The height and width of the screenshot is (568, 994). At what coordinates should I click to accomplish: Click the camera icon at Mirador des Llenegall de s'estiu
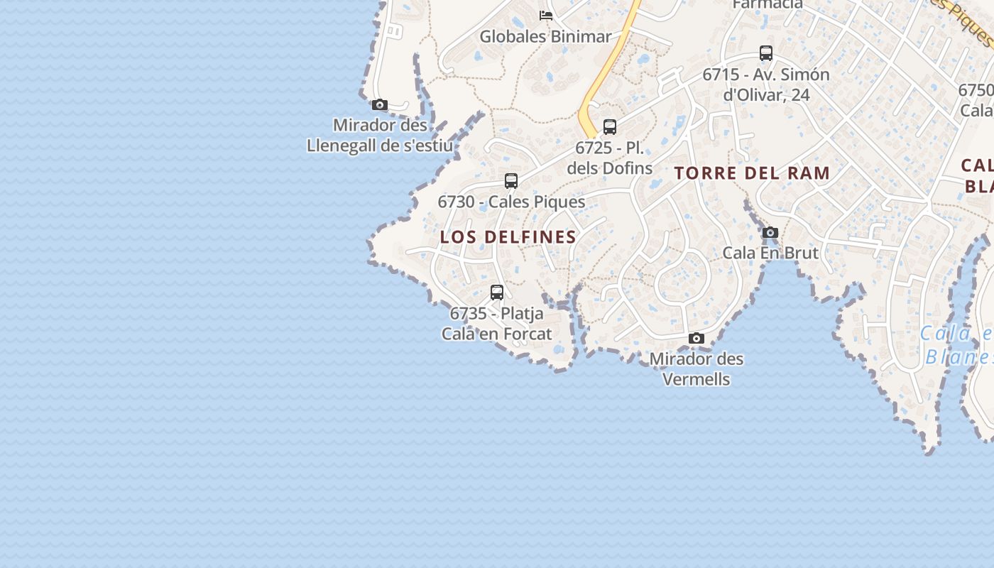click(x=380, y=105)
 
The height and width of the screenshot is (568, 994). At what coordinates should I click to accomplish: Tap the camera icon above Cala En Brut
click(x=770, y=232)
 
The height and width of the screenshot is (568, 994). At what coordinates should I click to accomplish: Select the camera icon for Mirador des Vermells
click(x=697, y=338)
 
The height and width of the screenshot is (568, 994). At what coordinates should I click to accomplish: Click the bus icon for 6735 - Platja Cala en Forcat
click(x=497, y=292)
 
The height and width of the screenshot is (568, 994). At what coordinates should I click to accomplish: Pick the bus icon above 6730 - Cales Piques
click(x=511, y=180)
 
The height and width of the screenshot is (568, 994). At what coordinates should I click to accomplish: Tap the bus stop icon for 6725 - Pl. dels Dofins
click(x=610, y=127)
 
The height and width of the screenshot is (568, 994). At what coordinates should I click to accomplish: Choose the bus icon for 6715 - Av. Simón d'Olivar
click(x=766, y=53)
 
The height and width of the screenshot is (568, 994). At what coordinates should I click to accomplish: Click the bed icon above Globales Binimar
click(x=546, y=15)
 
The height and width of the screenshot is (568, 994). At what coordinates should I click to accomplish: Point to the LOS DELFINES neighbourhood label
click(x=508, y=237)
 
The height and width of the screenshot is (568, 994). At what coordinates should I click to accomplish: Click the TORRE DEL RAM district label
click(x=753, y=173)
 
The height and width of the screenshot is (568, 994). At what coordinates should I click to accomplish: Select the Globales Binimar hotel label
click(x=545, y=36)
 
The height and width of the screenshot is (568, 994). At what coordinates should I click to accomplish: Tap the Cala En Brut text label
click(x=770, y=253)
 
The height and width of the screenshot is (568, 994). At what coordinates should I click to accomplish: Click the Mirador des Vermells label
click(x=697, y=368)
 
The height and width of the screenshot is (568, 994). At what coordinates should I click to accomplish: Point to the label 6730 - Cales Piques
click(x=511, y=202)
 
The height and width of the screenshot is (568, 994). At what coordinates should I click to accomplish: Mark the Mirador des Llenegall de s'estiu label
click(x=380, y=136)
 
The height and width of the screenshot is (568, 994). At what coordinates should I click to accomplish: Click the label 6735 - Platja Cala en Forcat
click(x=497, y=323)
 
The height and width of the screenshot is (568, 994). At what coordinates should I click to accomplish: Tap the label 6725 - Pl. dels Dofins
click(x=610, y=158)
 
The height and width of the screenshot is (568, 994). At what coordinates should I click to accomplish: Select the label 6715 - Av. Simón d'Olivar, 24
click(x=766, y=84)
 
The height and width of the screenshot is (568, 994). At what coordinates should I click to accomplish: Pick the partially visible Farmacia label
click(x=768, y=4)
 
